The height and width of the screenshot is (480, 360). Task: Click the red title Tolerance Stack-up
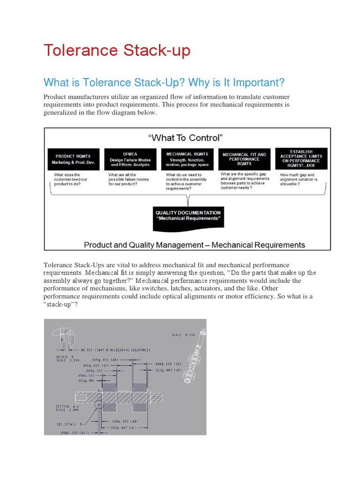tap(117, 50)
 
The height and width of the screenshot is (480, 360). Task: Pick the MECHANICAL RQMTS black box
tap(187, 159)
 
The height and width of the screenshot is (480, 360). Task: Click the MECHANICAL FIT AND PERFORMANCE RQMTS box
tap(244, 159)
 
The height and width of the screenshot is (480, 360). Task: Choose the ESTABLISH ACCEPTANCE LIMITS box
tap(301, 158)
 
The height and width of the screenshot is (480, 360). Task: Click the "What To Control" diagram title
tap(185, 137)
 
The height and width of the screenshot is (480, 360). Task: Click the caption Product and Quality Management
tap(194, 245)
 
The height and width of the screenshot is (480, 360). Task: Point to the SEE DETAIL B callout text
tap(70, 424)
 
